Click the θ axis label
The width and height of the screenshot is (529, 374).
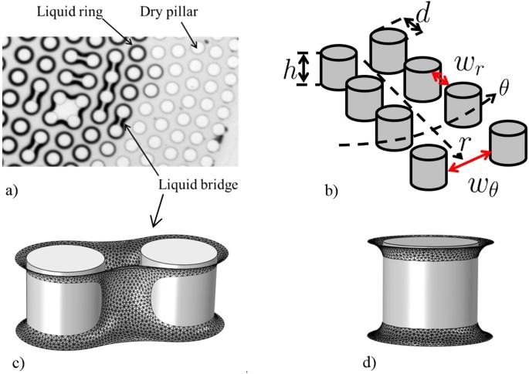(x=505, y=87)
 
